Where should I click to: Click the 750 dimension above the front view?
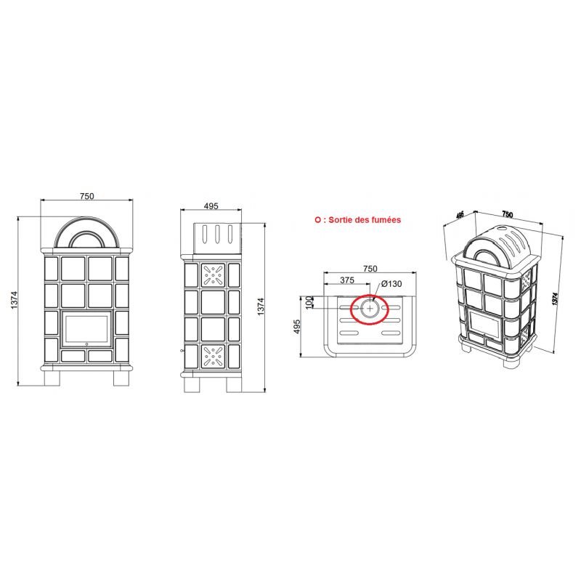coord(87,196)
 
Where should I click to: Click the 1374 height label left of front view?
coord(15,300)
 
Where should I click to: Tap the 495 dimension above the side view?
coord(211,206)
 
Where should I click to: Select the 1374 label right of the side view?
coord(261,306)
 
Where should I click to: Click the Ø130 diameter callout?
coord(391,284)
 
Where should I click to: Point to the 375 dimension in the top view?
coord(347,280)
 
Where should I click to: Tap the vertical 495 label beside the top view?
coord(297,326)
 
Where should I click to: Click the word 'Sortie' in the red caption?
coord(341,220)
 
